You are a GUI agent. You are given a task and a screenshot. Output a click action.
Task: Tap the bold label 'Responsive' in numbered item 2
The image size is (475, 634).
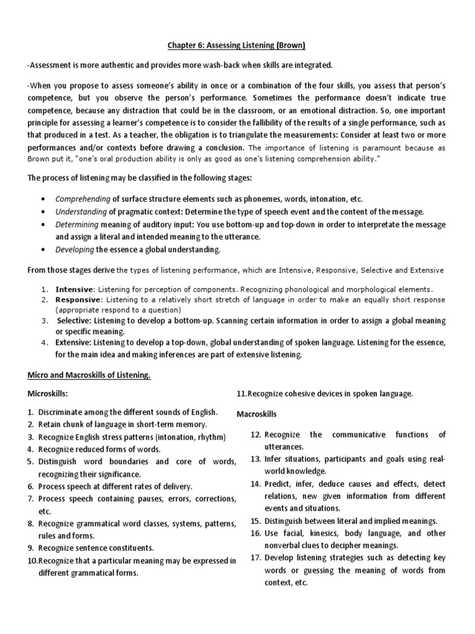(77, 299)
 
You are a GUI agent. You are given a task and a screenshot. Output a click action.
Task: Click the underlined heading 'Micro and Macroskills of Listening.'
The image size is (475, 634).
(89, 376)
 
